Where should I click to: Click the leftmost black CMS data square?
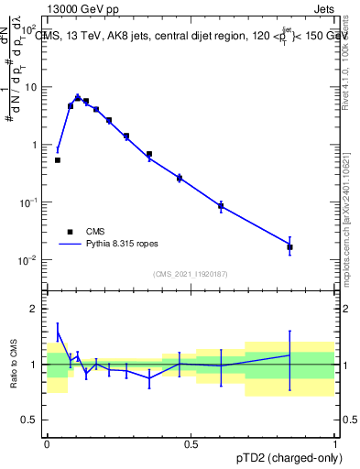coord(58,160)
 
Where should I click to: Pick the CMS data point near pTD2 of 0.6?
coord(221,206)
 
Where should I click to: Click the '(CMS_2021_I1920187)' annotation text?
coord(190,274)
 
